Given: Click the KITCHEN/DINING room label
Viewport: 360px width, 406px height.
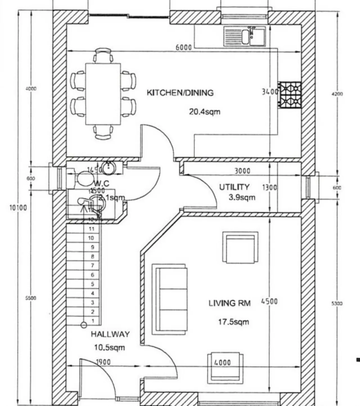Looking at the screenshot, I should click(180, 93).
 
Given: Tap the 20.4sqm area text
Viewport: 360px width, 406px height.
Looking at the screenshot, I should click(204, 112).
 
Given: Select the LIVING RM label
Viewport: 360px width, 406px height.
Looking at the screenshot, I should click(229, 303).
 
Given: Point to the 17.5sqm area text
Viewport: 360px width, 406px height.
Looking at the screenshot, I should click(234, 322).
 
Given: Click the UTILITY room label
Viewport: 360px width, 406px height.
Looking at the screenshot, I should click(234, 187).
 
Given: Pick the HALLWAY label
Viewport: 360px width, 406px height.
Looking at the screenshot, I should click(110, 334).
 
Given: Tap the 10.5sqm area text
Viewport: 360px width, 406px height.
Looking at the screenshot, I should click(109, 347).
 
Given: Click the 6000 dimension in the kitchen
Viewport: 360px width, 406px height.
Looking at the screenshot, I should click(183, 47).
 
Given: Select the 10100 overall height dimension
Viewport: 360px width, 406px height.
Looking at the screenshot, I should click(18, 208).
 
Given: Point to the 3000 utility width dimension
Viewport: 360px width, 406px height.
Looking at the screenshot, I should click(242, 171).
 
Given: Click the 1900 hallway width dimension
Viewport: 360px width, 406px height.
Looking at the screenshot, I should click(103, 362).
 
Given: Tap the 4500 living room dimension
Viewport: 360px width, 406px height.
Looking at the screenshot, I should click(269, 301).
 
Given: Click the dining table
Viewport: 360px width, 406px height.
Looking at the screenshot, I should click(103, 94).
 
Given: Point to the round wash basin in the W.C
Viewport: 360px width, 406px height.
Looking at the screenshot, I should click(108, 168).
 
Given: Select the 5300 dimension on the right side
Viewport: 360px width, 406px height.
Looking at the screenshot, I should click(337, 303).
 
